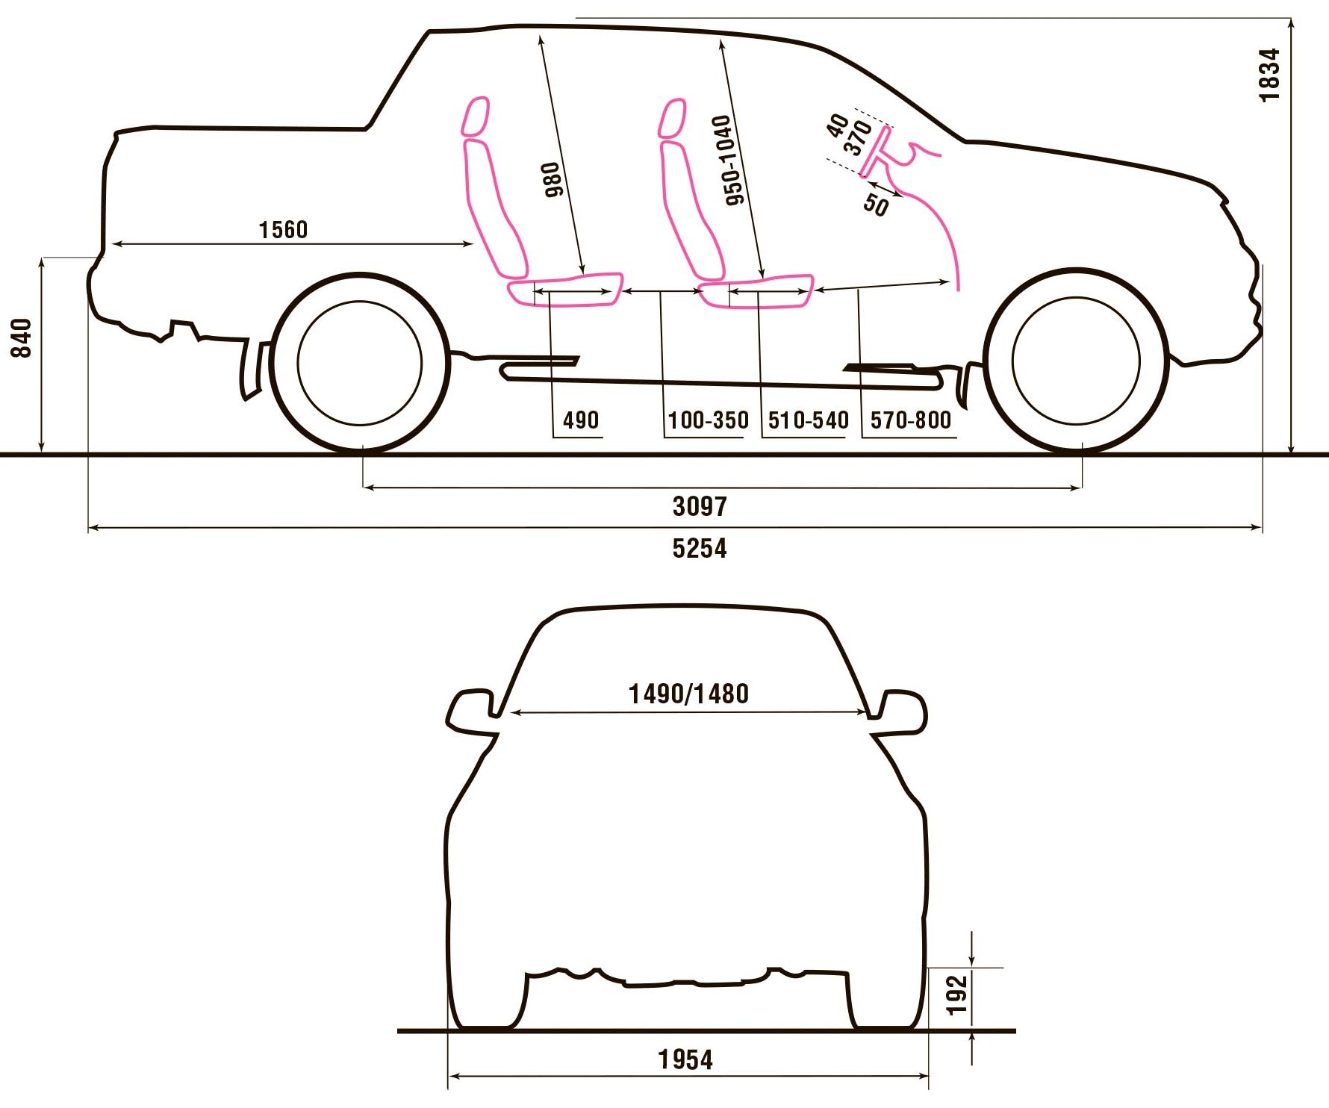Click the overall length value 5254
tap(699, 549)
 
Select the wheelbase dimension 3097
tap(699, 507)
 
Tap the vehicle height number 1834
tap(1269, 75)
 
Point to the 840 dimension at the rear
tap(22, 337)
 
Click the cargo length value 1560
tap(283, 229)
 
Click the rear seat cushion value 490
tap(580, 420)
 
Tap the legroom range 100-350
tap(708, 420)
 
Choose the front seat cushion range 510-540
tap(808, 420)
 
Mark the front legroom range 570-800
tap(910, 420)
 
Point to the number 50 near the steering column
tap(876, 204)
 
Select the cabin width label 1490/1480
tap(688, 694)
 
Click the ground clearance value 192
tap(956, 995)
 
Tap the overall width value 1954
tap(685, 1059)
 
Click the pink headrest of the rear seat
tap(475, 116)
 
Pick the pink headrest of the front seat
tap(672, 118)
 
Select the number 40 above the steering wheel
tap(838, 125)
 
